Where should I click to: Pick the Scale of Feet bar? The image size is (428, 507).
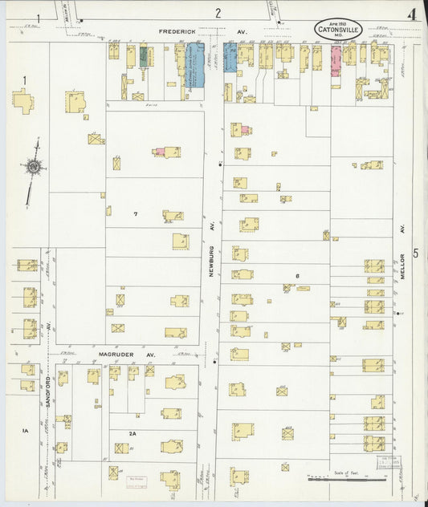pyautogui.click(x=346, y=479)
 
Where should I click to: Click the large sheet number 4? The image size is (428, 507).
pyautogui.click(x=410, y=14)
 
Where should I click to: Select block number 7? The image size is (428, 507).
pyautogui.click(x=136, y=214)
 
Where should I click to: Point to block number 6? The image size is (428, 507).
pyautogui.click(x=296, y=277)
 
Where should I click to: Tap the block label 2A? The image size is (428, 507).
pyautogui.click(x=132, y=432)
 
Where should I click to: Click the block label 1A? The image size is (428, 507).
pyautogui.click(x=25, y=431)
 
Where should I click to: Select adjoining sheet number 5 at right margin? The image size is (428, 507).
pyautogui.click(x=415, y=253)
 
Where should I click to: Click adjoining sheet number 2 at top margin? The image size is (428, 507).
pyautogui.click(x=217, y=13)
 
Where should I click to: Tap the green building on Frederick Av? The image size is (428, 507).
pyautogui.click(x=144, y=56)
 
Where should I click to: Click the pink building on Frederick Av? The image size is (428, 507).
pyautogui.click(x=336, y=60)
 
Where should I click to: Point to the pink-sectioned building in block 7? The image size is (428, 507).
pyautogui.click(x=161, y=151)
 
